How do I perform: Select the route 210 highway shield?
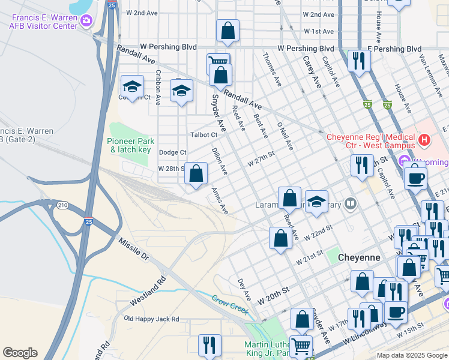62,206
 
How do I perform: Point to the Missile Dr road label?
133,248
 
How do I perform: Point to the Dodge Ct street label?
173,153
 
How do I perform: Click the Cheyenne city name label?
359,257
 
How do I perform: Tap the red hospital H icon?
425,141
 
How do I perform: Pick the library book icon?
351,205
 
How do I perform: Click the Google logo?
20,353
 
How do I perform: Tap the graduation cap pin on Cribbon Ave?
132,86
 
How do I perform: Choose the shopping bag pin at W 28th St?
196,174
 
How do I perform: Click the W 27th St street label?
261,159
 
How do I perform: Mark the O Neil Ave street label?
285,136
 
